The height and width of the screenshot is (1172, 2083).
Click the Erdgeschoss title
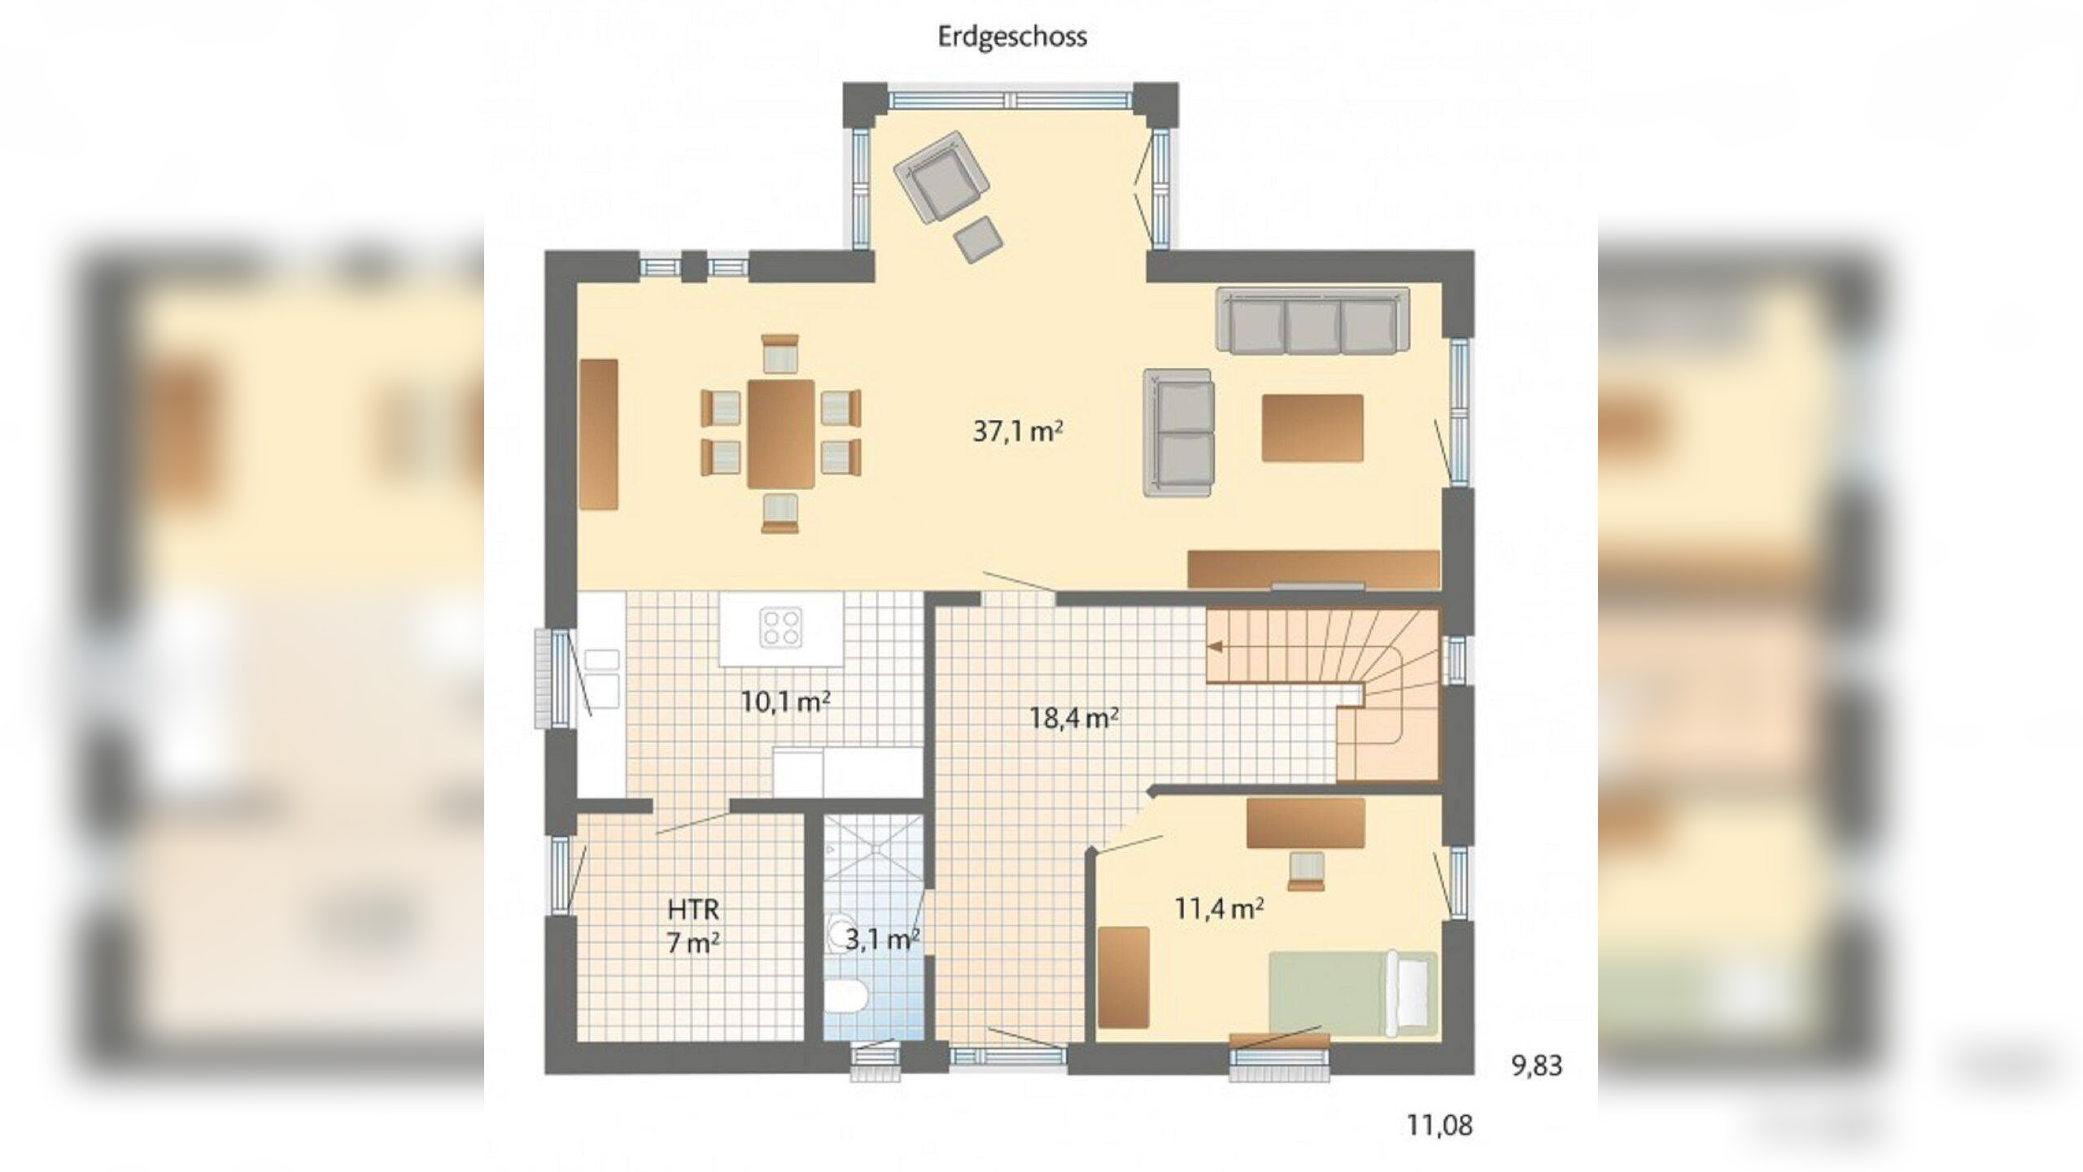coord(1012,37)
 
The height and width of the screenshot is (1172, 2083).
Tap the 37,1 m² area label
coord(1017,431)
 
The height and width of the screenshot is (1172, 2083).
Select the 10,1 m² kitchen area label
coord(785,701)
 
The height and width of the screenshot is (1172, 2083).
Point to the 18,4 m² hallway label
coord(1073,718)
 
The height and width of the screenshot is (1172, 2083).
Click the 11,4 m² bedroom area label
coord(1218,908)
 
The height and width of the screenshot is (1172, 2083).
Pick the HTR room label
coord(693,909)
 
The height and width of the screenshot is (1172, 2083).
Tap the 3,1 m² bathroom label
coord(881,940)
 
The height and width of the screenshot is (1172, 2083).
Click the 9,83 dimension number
coord(1536,1066)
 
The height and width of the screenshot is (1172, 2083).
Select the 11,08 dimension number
coord(1439,1126)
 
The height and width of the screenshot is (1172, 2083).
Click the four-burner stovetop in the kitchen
coord(781,628)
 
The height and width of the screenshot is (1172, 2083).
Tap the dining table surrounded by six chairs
coord(781,434)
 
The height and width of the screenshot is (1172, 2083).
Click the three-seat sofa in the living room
coord(1312,321)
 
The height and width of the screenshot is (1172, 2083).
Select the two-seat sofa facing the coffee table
coord(1178,432)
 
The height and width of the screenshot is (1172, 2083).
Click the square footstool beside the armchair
coord(978,239)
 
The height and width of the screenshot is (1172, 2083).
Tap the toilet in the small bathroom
coord(845,999)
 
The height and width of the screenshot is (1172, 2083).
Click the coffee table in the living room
coord(1312,428)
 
